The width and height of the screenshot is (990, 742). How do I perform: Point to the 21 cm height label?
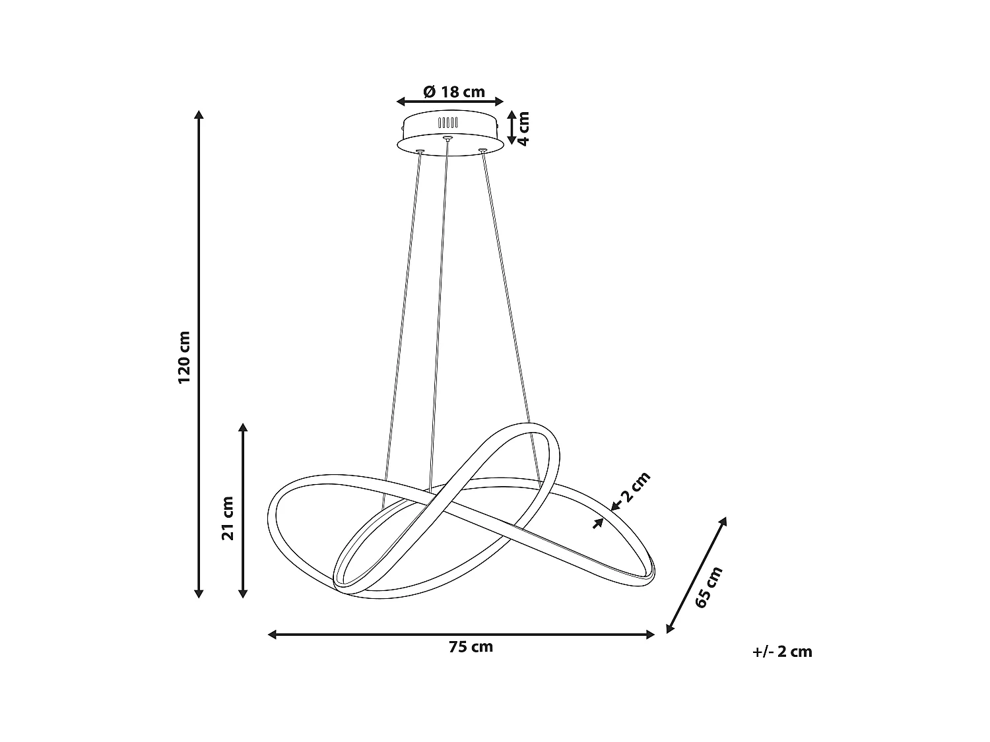(x=228, y=518)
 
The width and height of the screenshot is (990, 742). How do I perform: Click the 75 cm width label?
(x=471, y=647)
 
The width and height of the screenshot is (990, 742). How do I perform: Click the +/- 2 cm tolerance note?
(x=782, y=652)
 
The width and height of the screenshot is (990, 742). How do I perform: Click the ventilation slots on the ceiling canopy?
(x=447, y=123)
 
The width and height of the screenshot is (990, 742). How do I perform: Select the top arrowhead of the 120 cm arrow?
(x=199, y=115)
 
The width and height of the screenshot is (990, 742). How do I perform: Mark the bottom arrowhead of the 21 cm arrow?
(x=243, y=593)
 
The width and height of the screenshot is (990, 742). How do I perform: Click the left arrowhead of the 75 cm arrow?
(x=272, y=634)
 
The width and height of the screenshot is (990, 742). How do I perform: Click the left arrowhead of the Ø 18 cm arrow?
(x=400, y=102)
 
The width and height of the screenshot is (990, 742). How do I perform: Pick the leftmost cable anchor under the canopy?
(x=419, y=151)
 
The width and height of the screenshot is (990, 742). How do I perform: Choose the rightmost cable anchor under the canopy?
(x=482, y=151)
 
